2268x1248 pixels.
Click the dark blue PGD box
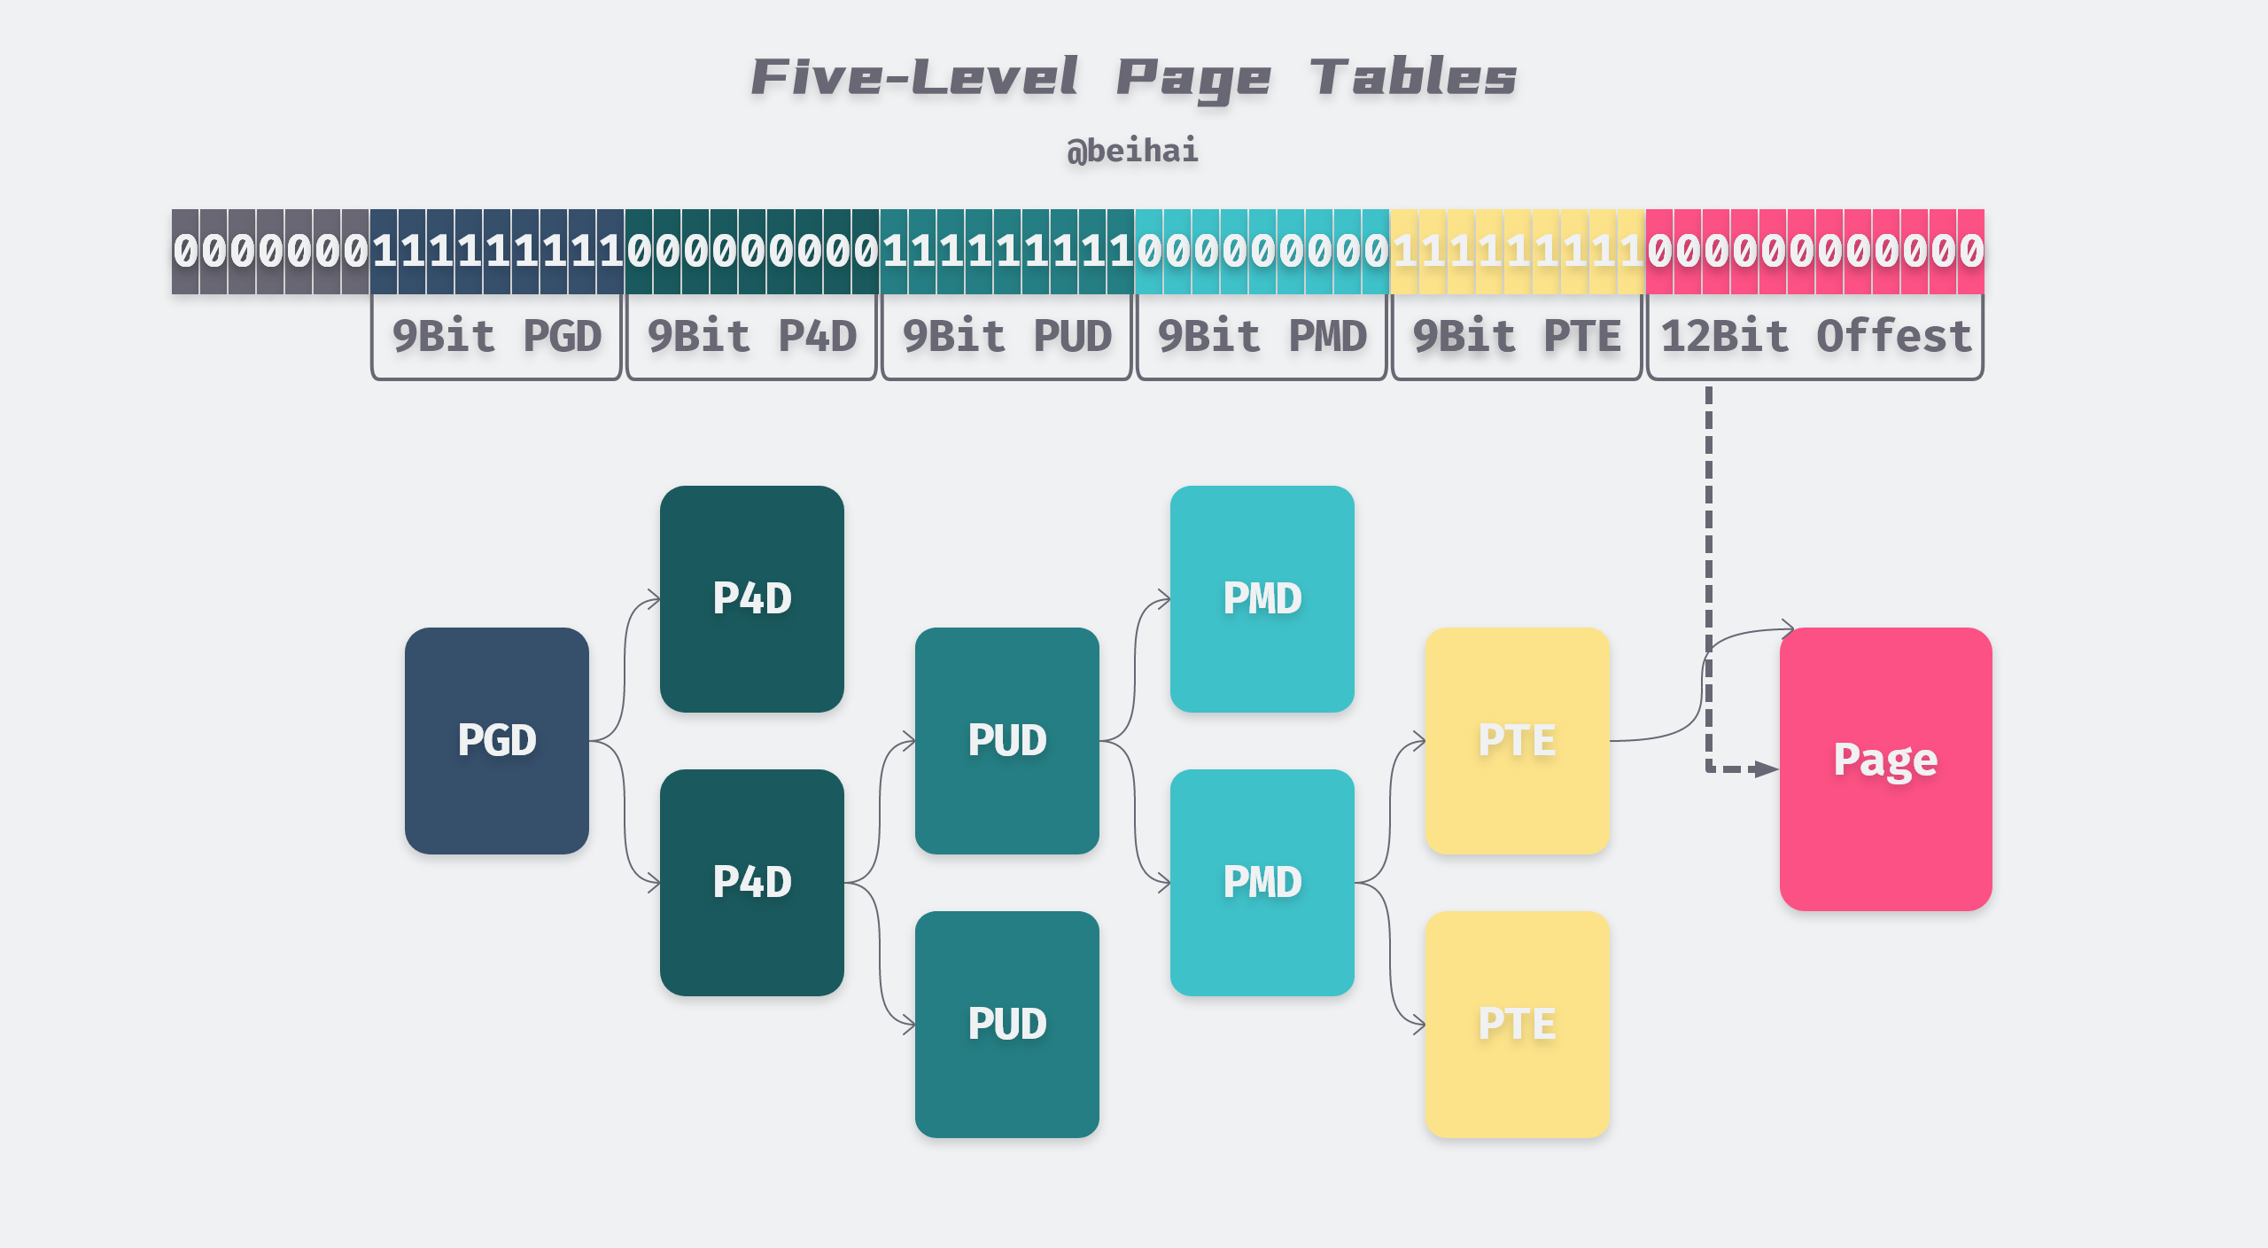496,741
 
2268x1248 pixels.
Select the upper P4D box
751,599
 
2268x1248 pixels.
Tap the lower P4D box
751,883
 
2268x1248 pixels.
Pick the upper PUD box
1006,741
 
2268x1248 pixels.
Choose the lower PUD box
1006,1025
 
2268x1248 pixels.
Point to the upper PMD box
1262,599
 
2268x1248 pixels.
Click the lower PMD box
1262,883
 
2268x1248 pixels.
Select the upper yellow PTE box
1517,741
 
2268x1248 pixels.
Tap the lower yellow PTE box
1517,1025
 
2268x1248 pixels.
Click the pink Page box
1885,769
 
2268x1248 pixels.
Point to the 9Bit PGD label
496,337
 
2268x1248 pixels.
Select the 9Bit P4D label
751,337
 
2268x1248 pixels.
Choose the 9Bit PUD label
1006,337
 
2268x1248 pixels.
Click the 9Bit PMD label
1262,337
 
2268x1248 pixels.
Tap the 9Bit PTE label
1517,337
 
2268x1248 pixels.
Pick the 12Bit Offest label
1814,337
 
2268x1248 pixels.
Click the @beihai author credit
1132,151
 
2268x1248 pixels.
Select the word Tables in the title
1413,77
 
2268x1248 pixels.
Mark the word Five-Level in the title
914,77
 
